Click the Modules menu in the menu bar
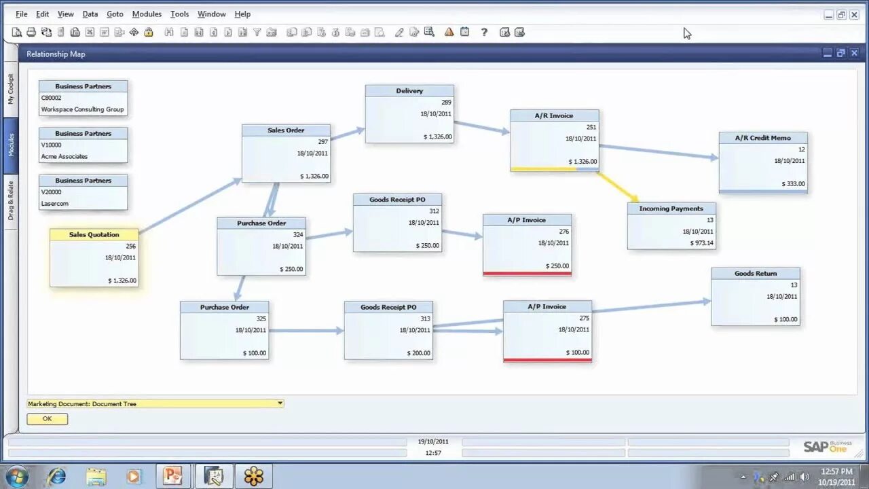147,14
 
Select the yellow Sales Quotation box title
94,234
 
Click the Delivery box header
409,91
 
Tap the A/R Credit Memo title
763,138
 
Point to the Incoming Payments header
671,209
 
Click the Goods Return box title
755,273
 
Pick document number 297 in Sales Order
322,141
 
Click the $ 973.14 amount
701,242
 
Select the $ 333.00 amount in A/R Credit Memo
792,183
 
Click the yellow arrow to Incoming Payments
618,186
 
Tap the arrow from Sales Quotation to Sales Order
190,206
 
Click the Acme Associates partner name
64,156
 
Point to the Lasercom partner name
55,203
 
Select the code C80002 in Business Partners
51,98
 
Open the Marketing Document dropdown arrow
280,403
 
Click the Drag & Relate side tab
11,200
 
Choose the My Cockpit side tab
11,89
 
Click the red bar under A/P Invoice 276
527,274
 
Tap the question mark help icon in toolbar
484,32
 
